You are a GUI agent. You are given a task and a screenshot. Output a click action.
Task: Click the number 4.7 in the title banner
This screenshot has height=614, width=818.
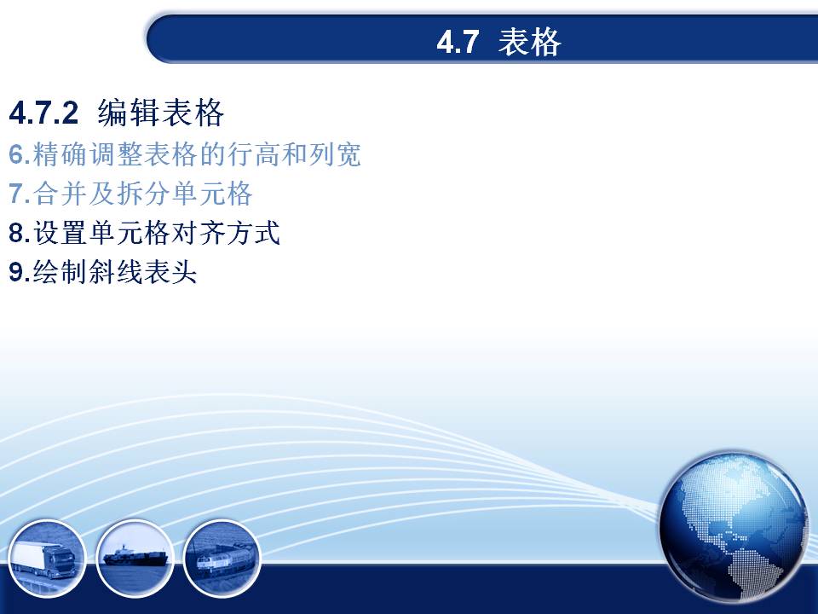458,43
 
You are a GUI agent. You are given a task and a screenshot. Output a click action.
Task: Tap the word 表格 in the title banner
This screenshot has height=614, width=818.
529,42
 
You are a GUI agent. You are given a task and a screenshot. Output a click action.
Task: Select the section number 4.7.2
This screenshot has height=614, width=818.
43,113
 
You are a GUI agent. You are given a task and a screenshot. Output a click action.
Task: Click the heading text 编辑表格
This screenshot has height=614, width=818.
161,113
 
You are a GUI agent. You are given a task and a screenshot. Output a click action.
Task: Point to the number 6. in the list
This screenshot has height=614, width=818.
20,154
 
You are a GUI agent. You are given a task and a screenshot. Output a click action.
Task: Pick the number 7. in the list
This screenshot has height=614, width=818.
20,194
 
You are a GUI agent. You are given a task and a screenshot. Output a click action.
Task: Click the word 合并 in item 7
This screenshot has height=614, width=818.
60,194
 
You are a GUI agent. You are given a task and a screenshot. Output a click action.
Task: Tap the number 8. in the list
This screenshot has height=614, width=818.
20,233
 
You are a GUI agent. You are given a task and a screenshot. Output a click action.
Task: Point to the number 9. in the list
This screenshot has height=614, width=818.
20,272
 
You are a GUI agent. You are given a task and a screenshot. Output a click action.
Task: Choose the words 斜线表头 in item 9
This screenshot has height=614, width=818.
142,272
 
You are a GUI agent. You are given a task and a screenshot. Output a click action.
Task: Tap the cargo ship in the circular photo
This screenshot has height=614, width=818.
136,557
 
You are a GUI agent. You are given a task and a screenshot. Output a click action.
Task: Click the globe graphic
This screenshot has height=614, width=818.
734,527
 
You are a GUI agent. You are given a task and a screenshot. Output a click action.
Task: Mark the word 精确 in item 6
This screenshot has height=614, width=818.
60,154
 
